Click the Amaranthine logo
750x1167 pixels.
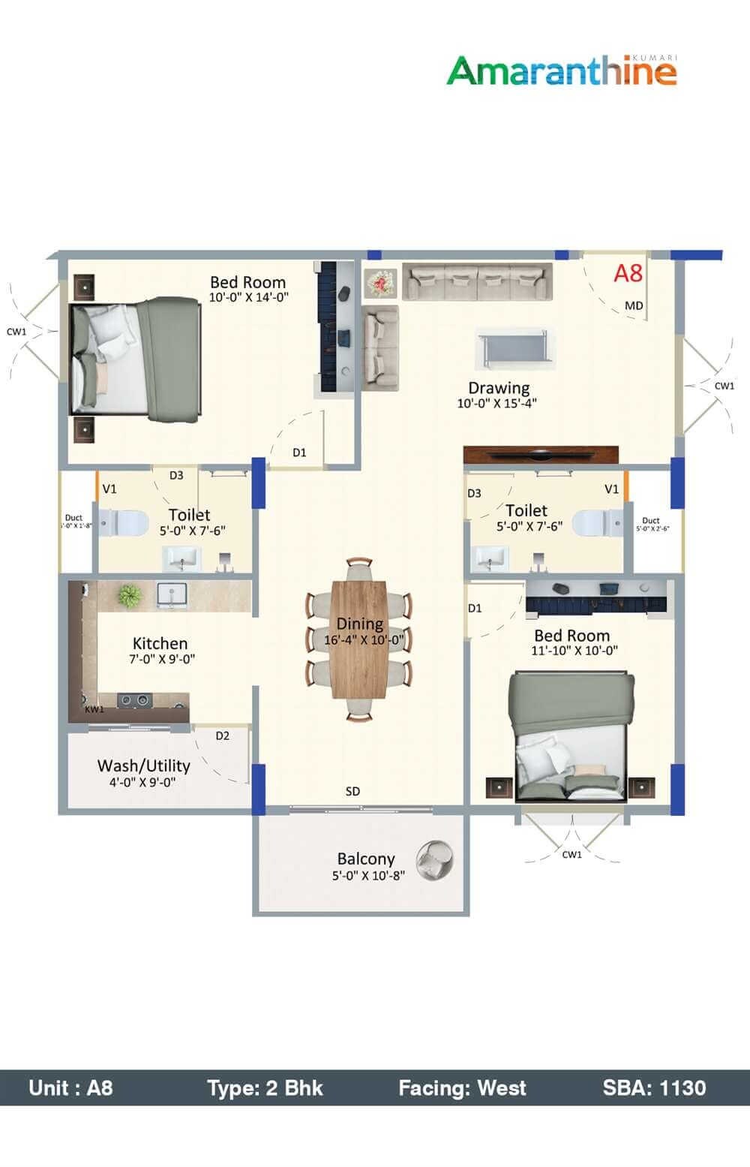pyautogui.click(x=562, y=71)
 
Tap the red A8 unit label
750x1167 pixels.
pyautogui.click(x=628, y=273)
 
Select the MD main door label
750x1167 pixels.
pyautogui.click(x=634, y=305)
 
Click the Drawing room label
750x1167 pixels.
pyautogui.click(x=499, y=388)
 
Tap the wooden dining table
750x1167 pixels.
pyautogui.click(x=359, y=639)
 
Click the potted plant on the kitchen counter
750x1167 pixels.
pyautogui.click(x=130, y=596)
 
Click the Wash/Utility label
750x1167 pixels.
pyautogui.click(x=143, y=765)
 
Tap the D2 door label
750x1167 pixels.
pyautogui.click(x=222, y=735)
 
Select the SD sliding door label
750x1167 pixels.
pyautogui.click(x=352, y=791)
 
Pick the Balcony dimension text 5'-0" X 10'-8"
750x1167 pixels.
pyautogui.click(x=367, y=875)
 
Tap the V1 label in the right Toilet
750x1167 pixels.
pyautogui.click(x=611, y=489)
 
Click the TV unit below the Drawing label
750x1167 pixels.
pyautogui.click(x=541, y=455)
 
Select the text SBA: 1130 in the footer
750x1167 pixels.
pyautogui.click(x=654, y=1087)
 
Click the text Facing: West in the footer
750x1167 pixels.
pyautogui.click(x=462, y=1087)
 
